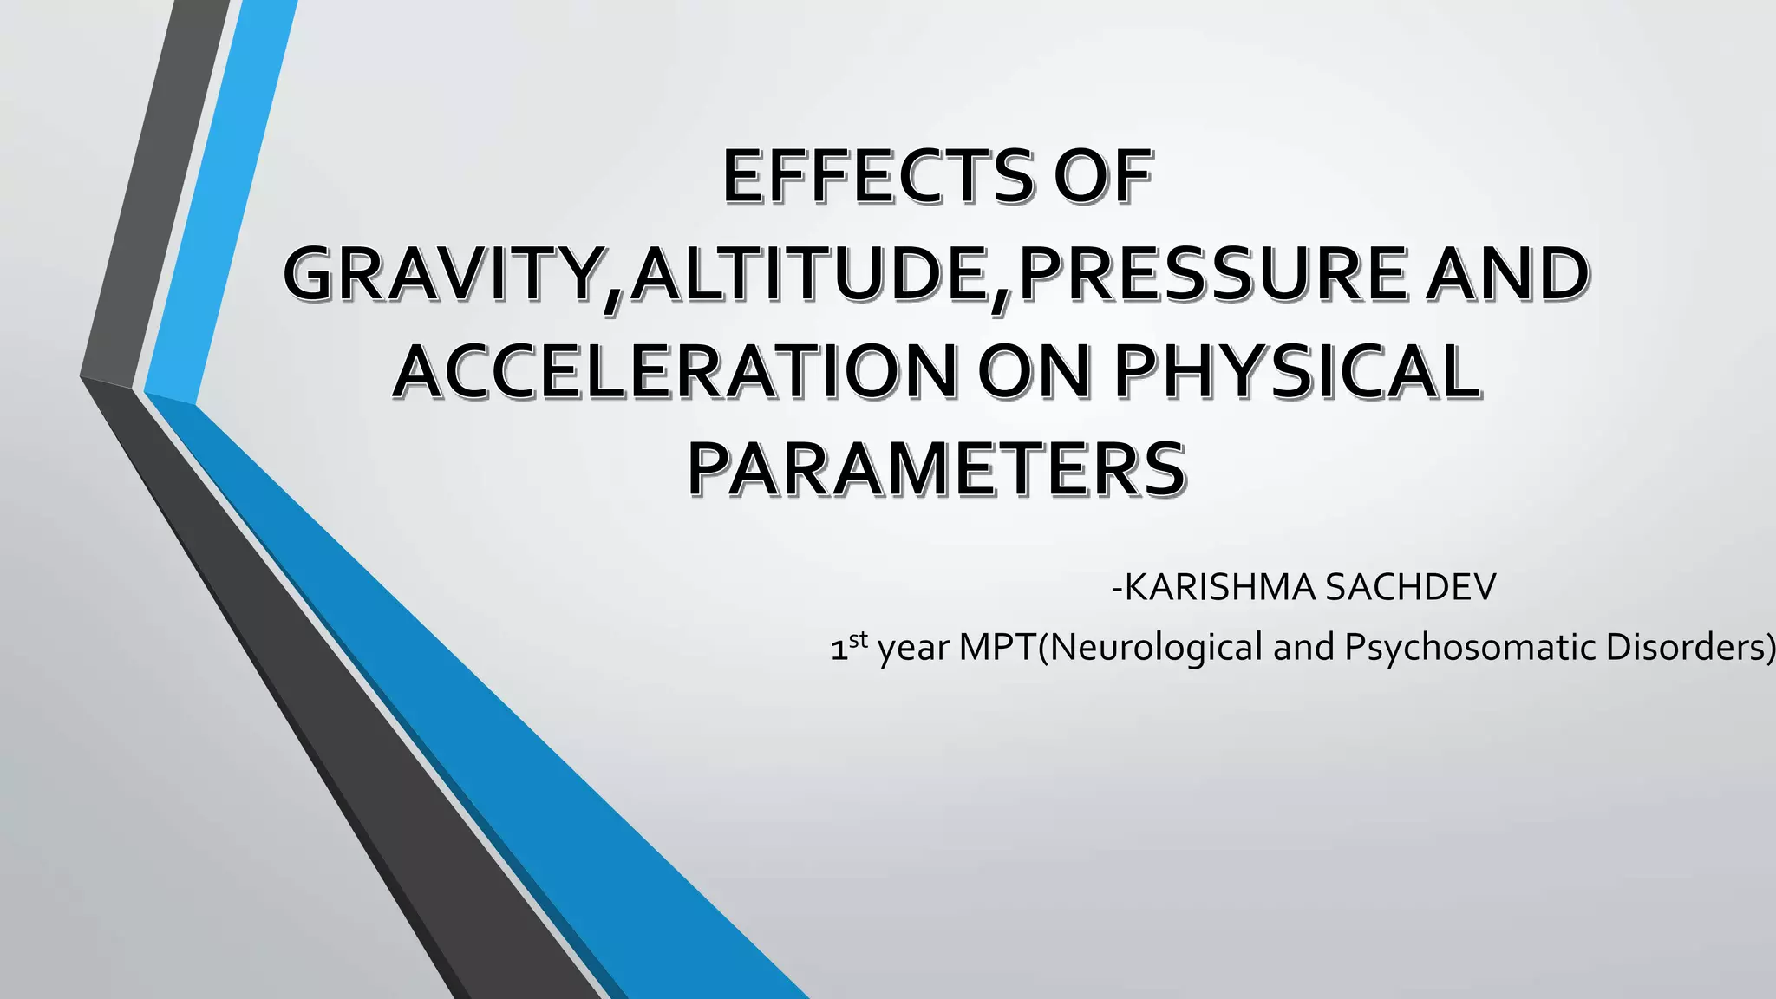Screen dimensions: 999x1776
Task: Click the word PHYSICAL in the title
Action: tap(1296, 372)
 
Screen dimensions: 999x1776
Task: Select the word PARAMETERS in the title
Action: tap(937, 469)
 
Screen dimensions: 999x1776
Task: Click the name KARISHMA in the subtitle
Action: tap(1218, 588)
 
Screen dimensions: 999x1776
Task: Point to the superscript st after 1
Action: tap(858, 640)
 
